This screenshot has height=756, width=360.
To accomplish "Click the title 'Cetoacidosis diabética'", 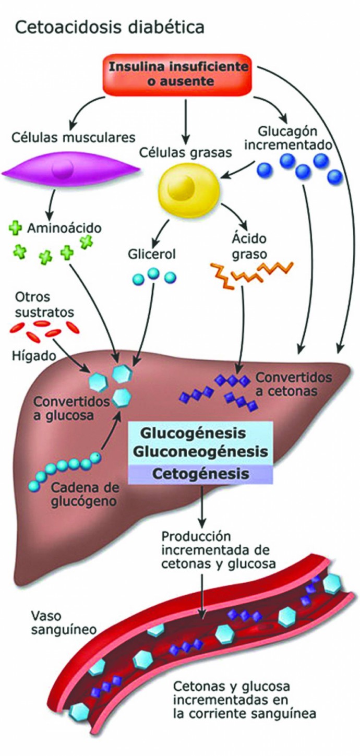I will (110, 27).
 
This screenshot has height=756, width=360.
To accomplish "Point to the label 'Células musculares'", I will (72, 138).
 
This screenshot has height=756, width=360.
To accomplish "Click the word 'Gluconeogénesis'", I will (200, 451).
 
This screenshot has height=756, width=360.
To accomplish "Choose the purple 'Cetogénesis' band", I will (200, 474).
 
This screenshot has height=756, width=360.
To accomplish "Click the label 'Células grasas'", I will (180, 153).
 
